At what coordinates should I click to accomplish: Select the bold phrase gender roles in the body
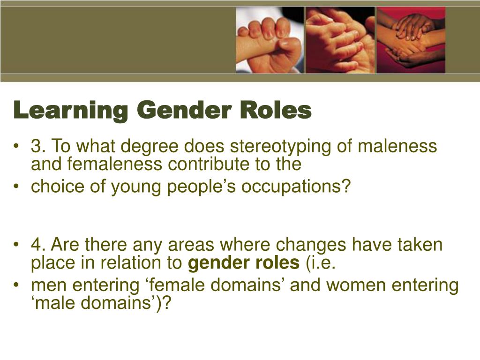click(x=243, y=263)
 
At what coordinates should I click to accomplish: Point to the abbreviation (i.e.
click(x=321, y=263)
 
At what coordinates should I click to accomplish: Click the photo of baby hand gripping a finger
click(x=269, y=40)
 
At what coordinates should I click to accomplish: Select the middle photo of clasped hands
click(x=340, y=40)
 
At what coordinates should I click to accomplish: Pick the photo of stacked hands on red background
click(x=411, y=40)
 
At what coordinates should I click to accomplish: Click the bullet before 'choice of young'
click(x=17, y=187)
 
